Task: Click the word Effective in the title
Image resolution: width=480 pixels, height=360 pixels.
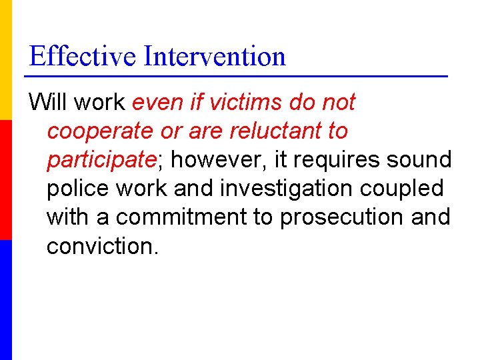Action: click(x=83, y=56)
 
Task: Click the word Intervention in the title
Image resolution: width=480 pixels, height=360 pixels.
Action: click(x=215, y=56)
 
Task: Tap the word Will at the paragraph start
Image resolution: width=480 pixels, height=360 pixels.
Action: click(x=49, y=103)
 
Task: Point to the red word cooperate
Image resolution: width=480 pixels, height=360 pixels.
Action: click(x=99, y=131)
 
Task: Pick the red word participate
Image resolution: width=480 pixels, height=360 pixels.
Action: click(x=100, y=160)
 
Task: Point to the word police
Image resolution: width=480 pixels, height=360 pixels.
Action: click(x=77, y=189)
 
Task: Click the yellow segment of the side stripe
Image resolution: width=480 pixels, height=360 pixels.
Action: click(x=6, y=60)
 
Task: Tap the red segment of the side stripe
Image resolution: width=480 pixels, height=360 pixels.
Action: click(x=6, y=180)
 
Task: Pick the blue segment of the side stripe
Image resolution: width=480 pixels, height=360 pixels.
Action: click(x=6, y=300)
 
